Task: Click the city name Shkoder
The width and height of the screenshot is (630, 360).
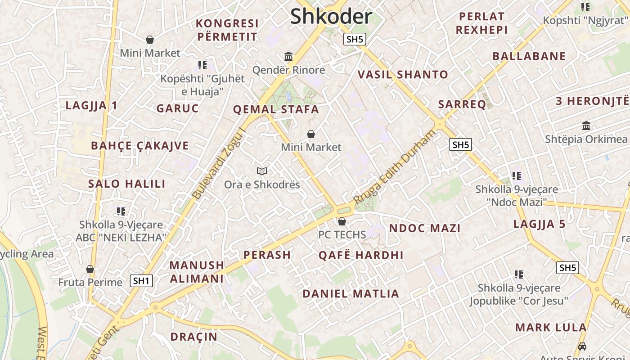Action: (331, 17)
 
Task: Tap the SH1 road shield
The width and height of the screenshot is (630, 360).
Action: (142, 281)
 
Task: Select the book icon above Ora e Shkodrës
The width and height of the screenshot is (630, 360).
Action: (262, 171)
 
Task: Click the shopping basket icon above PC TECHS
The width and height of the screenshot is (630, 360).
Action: (342, 221)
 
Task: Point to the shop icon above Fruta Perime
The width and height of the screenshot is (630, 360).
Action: (90, 269)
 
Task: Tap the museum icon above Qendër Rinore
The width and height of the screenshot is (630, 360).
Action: (288, 57)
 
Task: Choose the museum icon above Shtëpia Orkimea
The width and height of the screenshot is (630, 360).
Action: (586, 126)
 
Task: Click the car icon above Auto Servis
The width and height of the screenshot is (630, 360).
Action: (582, 346)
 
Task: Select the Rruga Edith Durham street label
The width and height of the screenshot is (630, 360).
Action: (395, 167)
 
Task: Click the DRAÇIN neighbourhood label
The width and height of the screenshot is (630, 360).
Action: (194, 337)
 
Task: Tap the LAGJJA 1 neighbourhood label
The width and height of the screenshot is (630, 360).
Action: (91, 106)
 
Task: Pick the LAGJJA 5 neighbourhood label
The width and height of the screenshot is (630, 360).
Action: (539, 224)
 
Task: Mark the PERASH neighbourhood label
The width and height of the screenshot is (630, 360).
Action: (267, 255)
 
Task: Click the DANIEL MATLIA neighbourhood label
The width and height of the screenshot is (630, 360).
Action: (351, 294)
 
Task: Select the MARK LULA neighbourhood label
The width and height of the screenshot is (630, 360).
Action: (551, 327)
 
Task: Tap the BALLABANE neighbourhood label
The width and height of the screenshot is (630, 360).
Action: (529, 56)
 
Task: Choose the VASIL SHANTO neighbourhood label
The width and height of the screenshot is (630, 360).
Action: (403, 75)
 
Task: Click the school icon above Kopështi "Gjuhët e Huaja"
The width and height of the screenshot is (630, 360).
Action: (202, 65)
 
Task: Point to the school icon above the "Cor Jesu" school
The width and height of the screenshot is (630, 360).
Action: (519, 274)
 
